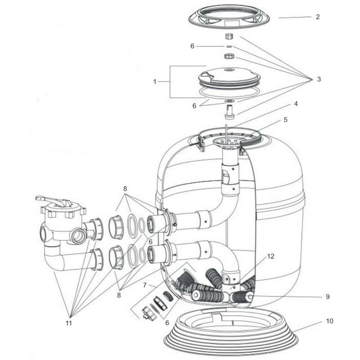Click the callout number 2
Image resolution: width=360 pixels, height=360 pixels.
point(318,17)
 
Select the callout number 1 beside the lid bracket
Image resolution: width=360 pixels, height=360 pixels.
point(155,82)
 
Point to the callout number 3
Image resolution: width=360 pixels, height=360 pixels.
point(319,79)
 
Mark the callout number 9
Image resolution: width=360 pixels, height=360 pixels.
point(327,297)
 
